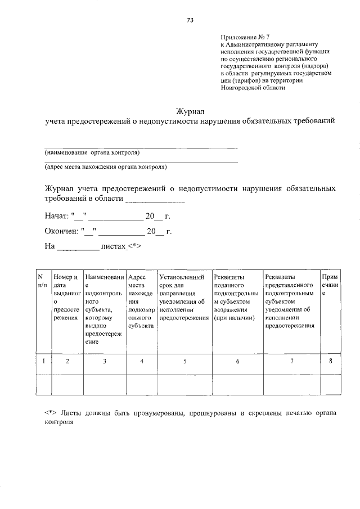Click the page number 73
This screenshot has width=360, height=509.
click(190, 20)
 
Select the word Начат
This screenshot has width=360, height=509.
click(56, 216)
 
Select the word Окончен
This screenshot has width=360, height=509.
click(61, 231)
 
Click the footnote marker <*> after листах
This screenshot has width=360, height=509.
click(133, 246)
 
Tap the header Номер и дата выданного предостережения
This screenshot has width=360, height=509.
click(66, 298)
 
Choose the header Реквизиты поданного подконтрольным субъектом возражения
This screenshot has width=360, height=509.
click(236, 298)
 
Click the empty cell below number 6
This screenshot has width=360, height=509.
click(237, 385)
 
